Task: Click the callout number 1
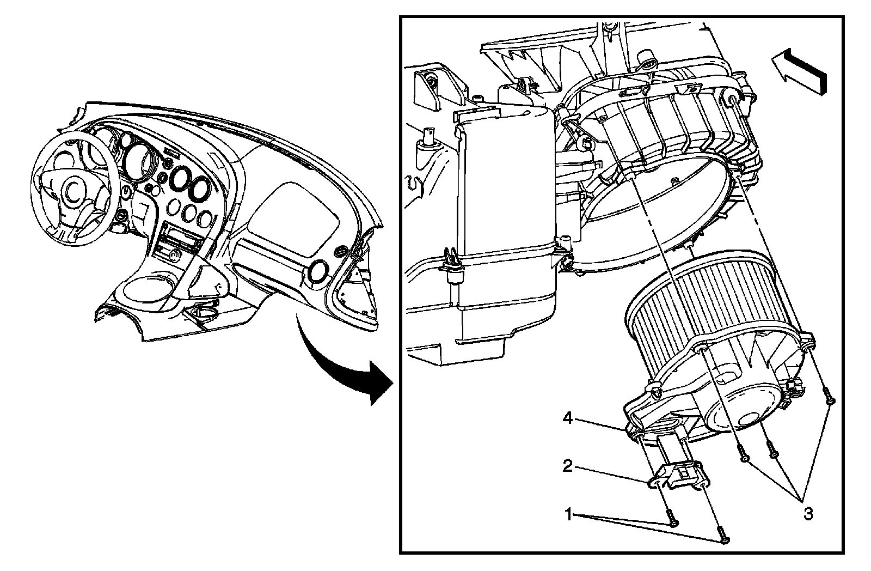[x=568, y=514]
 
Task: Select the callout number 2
[x=567, y=467]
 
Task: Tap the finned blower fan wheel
[x=708, y=305]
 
